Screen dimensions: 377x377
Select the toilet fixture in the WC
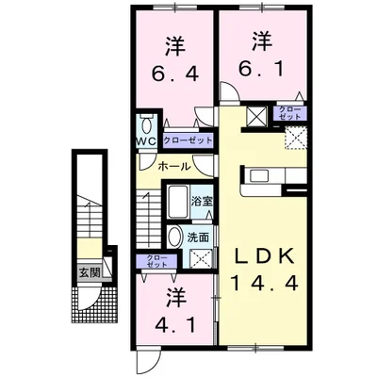point(148,126)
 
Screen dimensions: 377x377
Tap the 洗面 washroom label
point(199,238)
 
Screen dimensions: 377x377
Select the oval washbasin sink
point(174,238)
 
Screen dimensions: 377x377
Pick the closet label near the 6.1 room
point(287,115)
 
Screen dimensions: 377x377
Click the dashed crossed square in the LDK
point(296,139)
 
